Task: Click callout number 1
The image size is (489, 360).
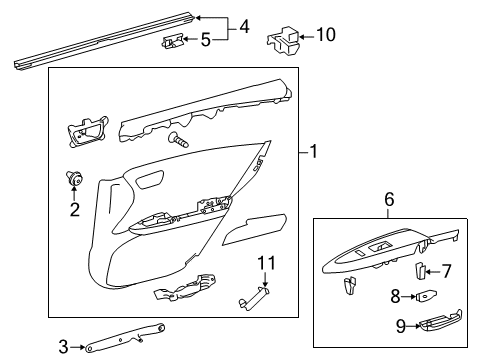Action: (x=313, y=152)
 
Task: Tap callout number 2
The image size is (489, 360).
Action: (x=73, y=209)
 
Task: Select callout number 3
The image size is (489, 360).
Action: (x=63, y=347)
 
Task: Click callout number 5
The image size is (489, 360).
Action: (x=206, y=41)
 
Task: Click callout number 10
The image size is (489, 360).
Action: (x=324, y=36)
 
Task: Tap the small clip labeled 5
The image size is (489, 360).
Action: (x=173, y=42)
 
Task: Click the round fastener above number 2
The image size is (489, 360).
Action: (x=73, y=179)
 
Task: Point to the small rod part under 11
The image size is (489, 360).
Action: (x=256, y=322)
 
